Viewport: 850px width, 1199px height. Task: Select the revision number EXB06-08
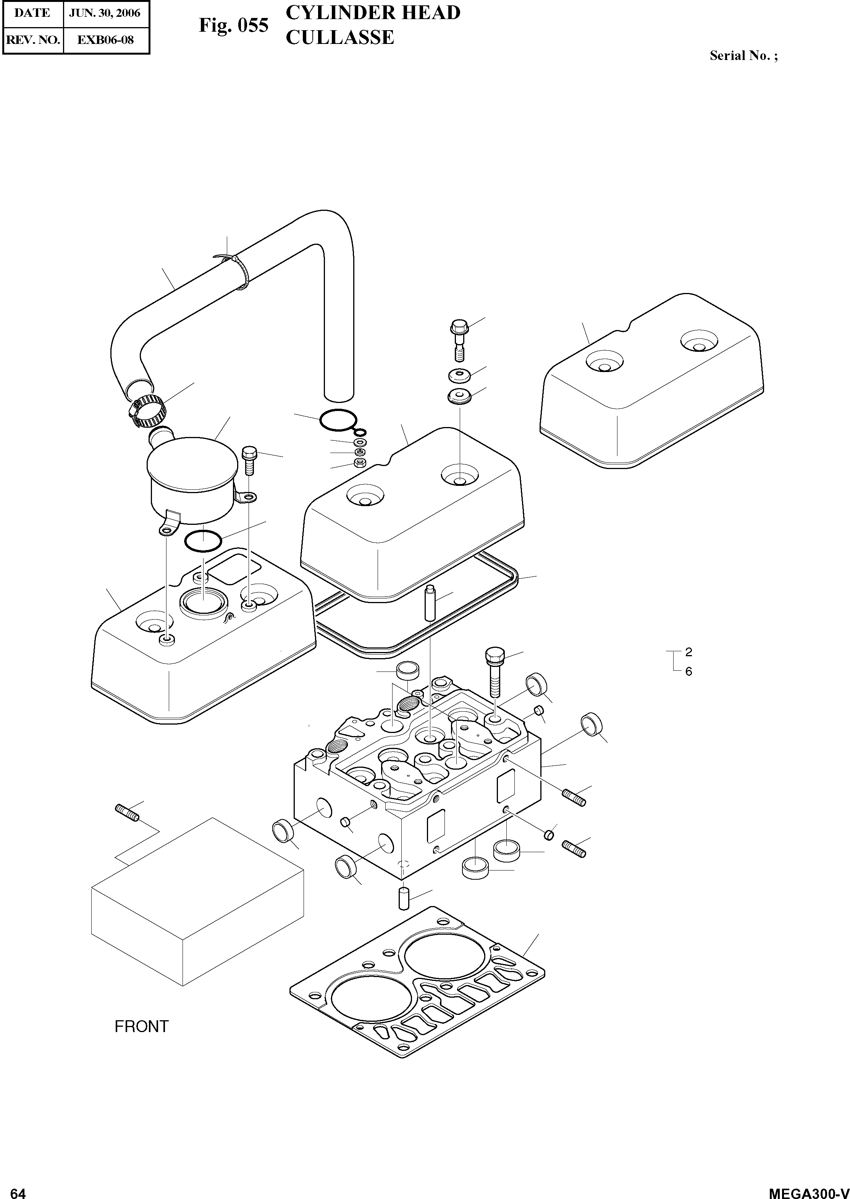(x=105, y=40)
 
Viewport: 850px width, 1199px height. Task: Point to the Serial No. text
(x=743, y=56)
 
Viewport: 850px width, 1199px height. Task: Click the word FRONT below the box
(x=141, y=1027)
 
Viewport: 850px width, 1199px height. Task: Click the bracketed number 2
(x=689, y=652)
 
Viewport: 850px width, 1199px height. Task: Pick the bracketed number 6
(x=689, y=671)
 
